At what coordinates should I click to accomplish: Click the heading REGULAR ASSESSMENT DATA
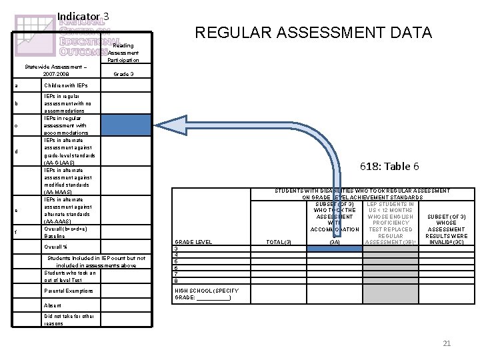click(x=313, y=32)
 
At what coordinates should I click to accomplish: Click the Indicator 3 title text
click(x=83, y=16)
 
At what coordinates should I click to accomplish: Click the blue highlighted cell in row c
click(x=127, y=125)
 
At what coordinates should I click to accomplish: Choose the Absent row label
click(x=53, y=305)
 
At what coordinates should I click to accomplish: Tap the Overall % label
click(x=55, y=247)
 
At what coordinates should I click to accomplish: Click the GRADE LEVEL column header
click(x=193, y=241)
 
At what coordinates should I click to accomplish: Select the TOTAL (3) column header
click(x=278, y=241)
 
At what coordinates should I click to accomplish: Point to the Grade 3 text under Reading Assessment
click(x=123, y=73)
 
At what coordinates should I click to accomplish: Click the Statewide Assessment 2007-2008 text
click(x=51, y=70)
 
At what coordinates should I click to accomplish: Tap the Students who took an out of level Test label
click(x=70, y=276)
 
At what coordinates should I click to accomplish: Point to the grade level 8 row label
click(x=176, y=281)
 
